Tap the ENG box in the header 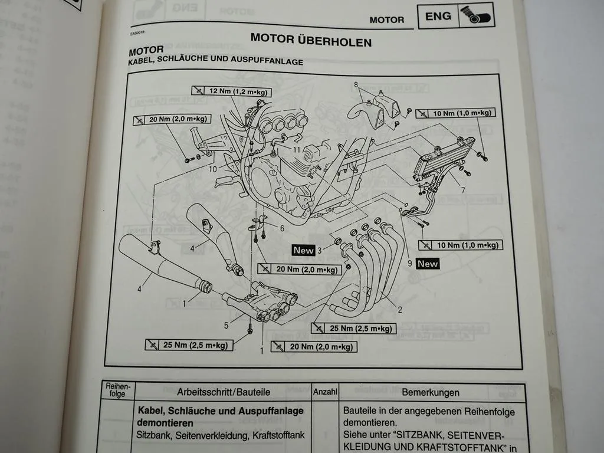(438, 17)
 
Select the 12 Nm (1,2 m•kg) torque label (231, 91)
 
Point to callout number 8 (356, 84)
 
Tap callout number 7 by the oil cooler (463, 191)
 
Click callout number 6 (282, 228)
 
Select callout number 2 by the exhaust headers (400, 310)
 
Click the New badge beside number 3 (304, 250)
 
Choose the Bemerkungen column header (431, 392)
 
